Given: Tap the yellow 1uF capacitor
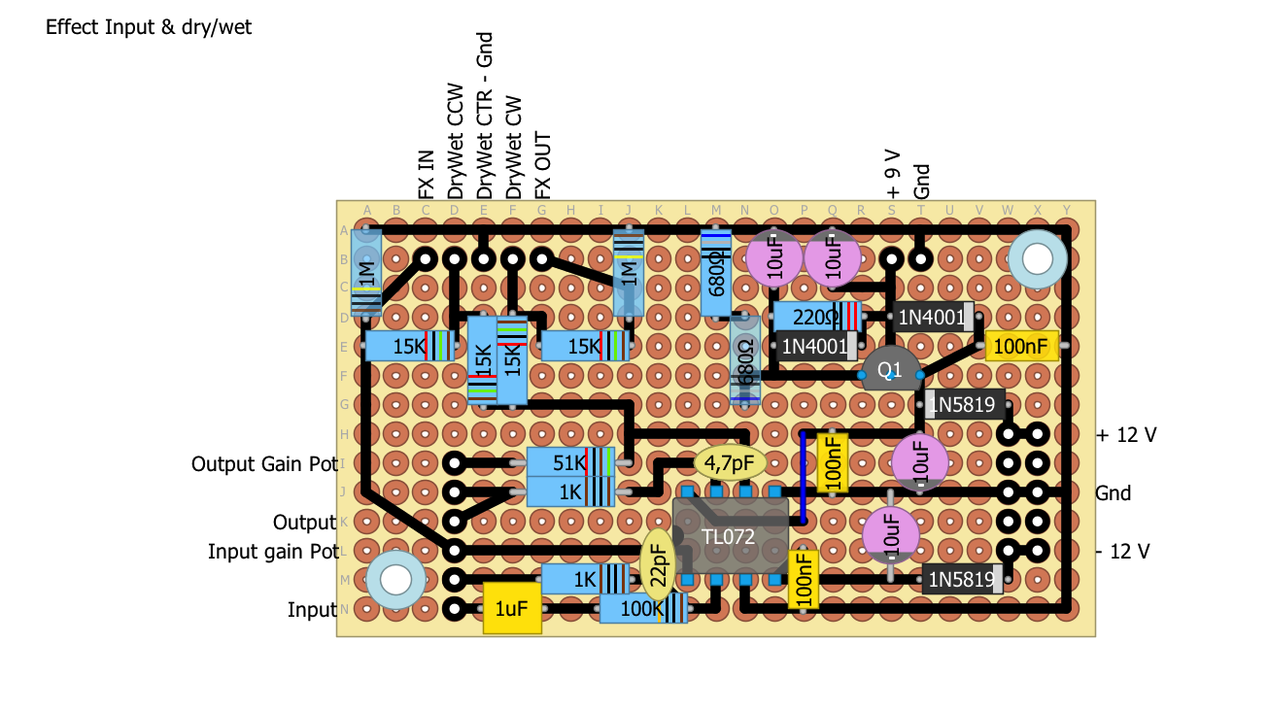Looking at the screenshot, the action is [512, 609].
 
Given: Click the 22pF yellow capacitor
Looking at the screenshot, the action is [659, 565].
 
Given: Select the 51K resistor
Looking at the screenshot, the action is [571, 462].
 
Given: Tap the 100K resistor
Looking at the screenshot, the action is [642, 609].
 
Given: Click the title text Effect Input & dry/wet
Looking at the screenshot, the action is [149, 27].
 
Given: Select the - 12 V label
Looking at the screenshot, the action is [1123, 552].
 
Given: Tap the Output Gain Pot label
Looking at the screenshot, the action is [263, 464].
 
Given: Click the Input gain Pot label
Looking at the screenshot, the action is [273, 552].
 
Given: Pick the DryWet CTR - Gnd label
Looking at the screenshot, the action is [485, 115].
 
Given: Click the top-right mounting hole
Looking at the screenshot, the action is [1037, 259].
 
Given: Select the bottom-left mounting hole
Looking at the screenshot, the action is [395, 580].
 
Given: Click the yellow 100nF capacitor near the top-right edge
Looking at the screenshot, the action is [1021, 346].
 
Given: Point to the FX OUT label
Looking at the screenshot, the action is [543, 165].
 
